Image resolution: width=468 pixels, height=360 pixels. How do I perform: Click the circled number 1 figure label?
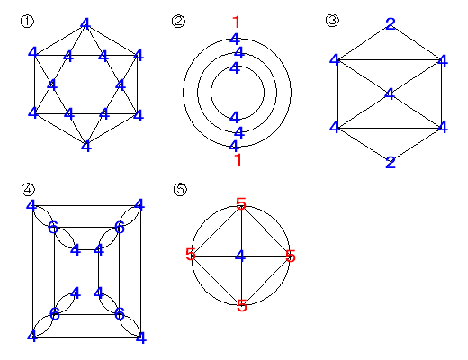27,22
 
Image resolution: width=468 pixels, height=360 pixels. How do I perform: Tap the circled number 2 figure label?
178,22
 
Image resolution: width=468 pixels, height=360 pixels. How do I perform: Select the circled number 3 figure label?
332,21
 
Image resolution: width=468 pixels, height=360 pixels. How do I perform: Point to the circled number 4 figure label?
28,190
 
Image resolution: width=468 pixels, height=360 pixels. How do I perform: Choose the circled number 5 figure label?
180,190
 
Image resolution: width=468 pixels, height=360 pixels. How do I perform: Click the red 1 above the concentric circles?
237,22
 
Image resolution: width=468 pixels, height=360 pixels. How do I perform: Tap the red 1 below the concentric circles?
238,159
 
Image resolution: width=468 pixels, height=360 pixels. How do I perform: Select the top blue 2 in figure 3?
391,24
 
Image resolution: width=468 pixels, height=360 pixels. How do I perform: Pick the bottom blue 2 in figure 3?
391,163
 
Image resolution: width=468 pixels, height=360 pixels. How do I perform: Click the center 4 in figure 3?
390,94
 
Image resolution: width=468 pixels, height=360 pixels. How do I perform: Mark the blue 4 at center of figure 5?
240,256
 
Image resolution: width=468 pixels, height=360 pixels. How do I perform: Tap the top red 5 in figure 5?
241,203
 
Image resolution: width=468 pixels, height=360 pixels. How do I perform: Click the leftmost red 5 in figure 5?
191,255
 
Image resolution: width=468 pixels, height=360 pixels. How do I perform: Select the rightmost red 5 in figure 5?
291,256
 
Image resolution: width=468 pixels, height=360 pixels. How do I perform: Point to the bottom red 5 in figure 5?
242,306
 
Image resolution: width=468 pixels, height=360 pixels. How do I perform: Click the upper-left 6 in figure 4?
53,228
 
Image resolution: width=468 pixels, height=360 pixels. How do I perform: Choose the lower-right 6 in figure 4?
120,314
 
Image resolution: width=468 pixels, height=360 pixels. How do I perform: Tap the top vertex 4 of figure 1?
85,24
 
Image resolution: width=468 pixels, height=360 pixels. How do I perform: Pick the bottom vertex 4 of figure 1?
86,147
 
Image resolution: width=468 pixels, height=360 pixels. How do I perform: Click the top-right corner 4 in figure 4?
139,205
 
